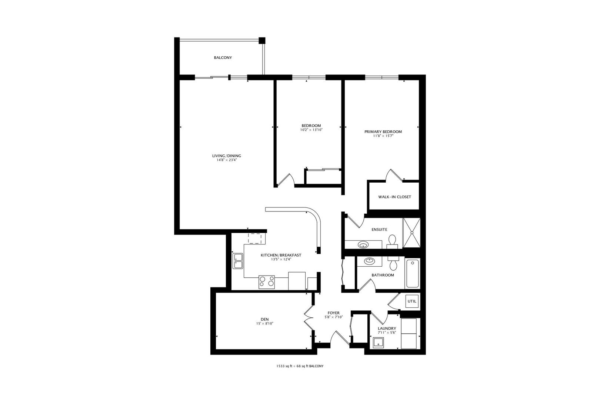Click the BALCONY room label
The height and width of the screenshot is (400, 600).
tap(223, 58)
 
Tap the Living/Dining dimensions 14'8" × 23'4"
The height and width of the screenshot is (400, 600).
tap(227, 160)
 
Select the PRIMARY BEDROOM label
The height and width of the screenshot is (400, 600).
tap(383, 131)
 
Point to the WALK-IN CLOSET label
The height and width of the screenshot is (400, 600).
tap(394, 197)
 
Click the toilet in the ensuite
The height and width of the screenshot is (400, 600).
tap(393, 241)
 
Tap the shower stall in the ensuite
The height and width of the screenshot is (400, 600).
tap(412, 233)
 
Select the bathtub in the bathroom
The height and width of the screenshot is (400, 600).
tap(413, 273)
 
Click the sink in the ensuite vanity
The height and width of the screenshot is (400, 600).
tap(363, 244)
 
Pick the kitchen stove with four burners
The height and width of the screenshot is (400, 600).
tap(267, 282)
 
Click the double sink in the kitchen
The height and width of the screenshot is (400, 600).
tap(237, 261)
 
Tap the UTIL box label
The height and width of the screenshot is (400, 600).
tap(412, 301)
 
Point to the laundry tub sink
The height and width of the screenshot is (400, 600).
tap(378, 343)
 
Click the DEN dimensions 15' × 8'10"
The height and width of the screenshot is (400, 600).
tap(265, 323)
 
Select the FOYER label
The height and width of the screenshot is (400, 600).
tap(333, 313)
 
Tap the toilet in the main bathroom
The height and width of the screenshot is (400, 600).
tap(393, 263)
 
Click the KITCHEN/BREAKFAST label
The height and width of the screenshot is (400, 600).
tap(281, 255)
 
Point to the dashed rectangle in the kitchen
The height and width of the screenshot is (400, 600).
tap(255, 238)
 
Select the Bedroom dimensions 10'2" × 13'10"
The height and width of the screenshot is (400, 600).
tap(311, 130)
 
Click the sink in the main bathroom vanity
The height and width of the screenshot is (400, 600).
tap(369, 261)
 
